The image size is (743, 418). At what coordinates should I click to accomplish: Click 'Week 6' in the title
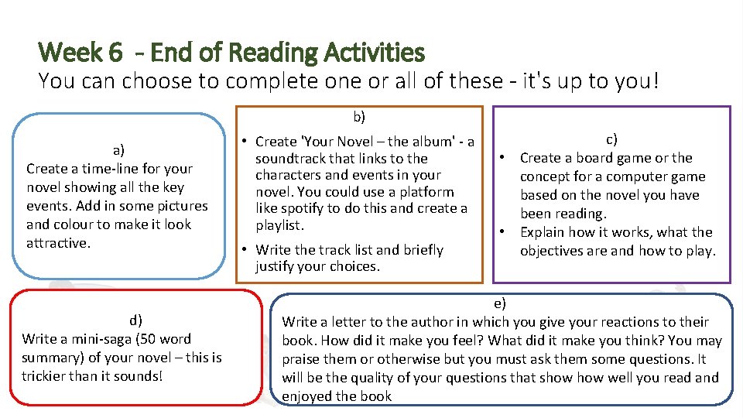80,53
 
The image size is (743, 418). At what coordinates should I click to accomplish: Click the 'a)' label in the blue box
118,149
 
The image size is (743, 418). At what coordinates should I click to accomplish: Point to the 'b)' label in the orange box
359,117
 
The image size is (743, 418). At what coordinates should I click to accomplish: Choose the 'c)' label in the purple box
611,139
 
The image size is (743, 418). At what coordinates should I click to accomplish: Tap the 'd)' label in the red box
135,320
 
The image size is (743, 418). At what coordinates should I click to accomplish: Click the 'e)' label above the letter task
500,303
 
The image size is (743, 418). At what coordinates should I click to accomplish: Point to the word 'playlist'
279,226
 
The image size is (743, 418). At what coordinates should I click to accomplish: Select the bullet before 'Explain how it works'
502,231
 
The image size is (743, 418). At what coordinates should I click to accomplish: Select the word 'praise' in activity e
303,358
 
